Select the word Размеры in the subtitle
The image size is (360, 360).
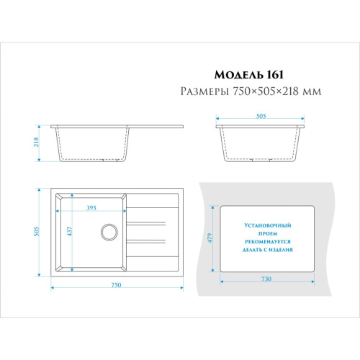pos(204,91)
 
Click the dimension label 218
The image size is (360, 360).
pos(36,142)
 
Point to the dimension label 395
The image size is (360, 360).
pos(91,208)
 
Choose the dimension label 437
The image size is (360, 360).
pos(69,231)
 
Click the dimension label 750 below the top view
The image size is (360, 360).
pos(116,285)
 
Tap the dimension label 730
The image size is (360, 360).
pos(266,279)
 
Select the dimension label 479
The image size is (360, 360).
pos(210,238)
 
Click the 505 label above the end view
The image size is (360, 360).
pos(261,116)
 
